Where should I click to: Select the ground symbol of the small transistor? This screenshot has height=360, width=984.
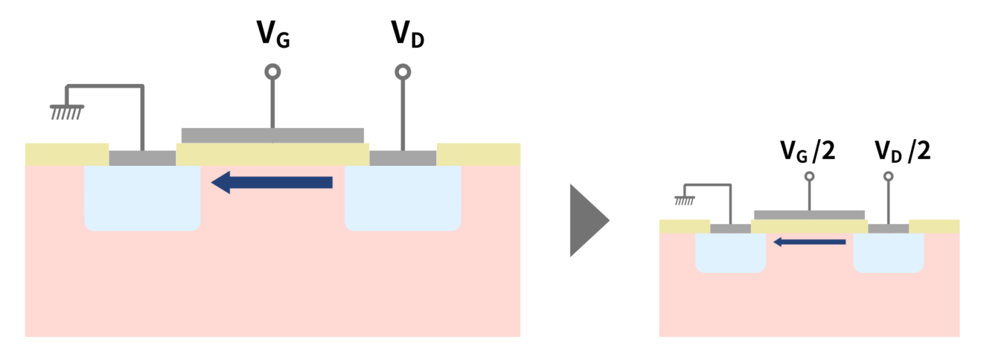tap(684, 200)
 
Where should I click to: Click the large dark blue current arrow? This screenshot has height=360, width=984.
tap(272, 183)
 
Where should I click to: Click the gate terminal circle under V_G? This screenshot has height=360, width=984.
tap(273, 71)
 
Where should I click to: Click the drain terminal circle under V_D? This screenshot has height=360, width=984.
tap(402, 71)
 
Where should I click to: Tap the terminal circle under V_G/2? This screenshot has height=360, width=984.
tap(809, 176)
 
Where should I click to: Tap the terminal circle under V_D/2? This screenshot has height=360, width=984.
tap(888, 176)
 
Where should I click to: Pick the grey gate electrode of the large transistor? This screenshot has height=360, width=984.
tap(273, 135)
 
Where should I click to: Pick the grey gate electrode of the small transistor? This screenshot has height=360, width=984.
tap(809, 215)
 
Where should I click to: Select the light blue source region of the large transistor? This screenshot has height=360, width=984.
tap(142, 199)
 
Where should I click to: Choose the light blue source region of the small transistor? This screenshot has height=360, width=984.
tap(730, 252)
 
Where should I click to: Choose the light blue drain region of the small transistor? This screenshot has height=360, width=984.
tap(889, 252)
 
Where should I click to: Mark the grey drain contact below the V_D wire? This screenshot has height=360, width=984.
tap(403, 158)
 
